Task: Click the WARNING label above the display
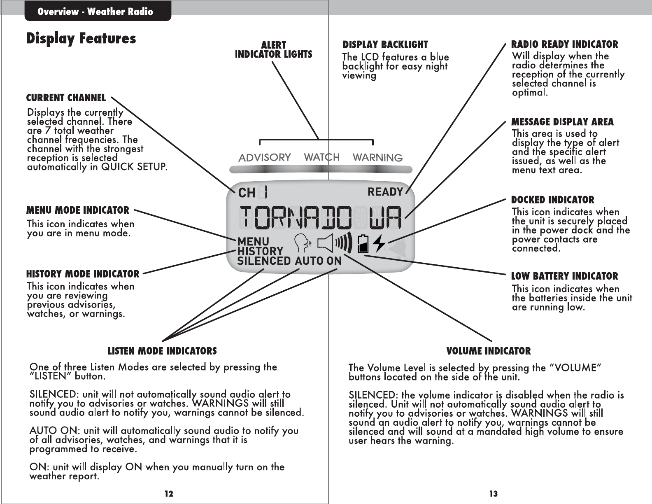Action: pyautogui.click(x=377, y=157)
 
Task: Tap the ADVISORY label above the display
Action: pyautogui.click(x=265, y=157)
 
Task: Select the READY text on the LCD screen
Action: pyautogui.click(x=385, y=192)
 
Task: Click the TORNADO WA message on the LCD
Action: pyautogui.click(x=320, y=217)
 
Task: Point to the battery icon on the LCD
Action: pyautogui.click(x=363, y=243)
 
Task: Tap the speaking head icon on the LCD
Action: pyautogui.click(x=304, y=243)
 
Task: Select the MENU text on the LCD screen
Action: pyautogui.click(x=253, y=241)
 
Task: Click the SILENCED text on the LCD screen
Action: pyautogui.click(x=264, y=261)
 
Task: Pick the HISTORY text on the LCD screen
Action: pyautogui.click(x=260, y=251)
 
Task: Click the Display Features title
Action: pyautogui.click(x=81, y=38)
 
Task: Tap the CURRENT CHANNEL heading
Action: pyautogui.click(x=66, y=98)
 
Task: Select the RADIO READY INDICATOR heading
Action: pyautogui.click(x=564, y=44)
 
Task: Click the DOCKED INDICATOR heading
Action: pyautogui.click(x=552, y=200)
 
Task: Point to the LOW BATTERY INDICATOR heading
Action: pyautogui.click(x=564, y=276)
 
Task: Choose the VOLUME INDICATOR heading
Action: pyautogui.click(x=489, y=351)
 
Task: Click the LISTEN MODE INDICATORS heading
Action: pyautogui.click(x=162, y=351)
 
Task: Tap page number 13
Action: pyautogui.click(x=494, y=494)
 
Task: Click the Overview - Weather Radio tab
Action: pyautogui.click(x=95, y=12)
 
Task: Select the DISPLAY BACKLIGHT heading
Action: pyautogui.click(x=385, y=44)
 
